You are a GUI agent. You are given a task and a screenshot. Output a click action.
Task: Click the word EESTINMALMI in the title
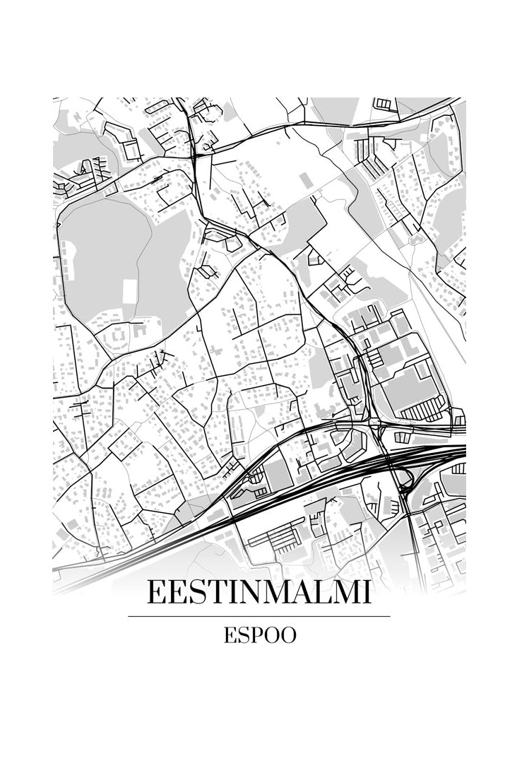258,592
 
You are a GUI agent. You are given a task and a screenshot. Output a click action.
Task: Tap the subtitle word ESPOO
259,635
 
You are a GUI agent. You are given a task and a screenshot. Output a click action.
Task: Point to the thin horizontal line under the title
258,616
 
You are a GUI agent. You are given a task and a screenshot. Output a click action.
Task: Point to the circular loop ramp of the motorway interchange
405,483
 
